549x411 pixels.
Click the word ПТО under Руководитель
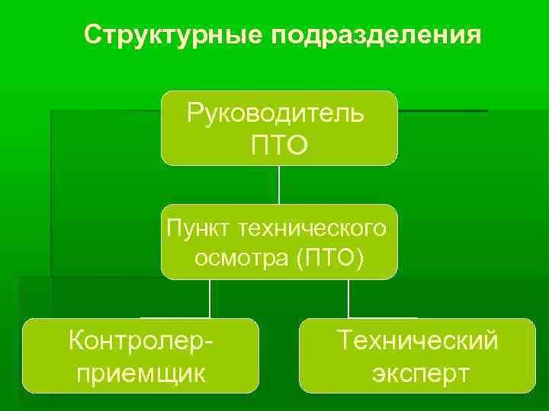[279, 144]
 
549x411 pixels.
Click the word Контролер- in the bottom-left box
[140, 339]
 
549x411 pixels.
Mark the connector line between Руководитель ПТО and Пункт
[279, 184]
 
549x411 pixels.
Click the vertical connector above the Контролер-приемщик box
[210, 298]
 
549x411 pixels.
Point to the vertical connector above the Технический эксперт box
[348, 298]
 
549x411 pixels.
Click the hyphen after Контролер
[207, 341]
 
